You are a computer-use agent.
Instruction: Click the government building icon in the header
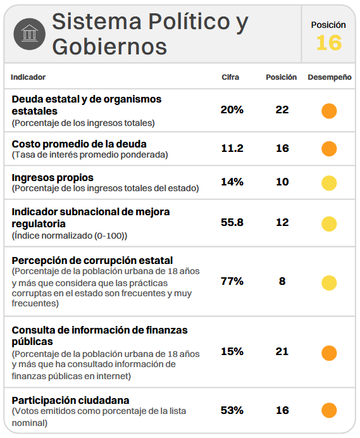[x=29, y=34]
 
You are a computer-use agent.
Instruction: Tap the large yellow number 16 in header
[x=329, y=43]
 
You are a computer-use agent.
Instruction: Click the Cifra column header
[x=230, y=77]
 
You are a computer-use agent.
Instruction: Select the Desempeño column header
[x=330, y=77]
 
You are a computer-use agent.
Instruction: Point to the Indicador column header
[x=28, y=77]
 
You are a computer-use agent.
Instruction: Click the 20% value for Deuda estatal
[x=232, y=109]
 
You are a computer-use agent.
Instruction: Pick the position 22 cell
[x=282, y=109]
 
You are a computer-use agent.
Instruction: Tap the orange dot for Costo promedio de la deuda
[x=329, y=149]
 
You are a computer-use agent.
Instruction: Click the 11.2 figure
[x=232, y=148]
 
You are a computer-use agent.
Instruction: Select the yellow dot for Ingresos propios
[x=329, y=183]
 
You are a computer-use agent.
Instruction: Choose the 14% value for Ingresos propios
[x=232, y=182]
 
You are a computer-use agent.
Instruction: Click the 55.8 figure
[x=232, y=222]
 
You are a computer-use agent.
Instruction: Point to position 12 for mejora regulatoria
[x=282, y=222]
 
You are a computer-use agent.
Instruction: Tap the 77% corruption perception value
[x=232, y=281]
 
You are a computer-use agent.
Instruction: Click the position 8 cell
[x=282, y=281]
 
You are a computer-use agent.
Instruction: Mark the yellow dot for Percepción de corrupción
[x=329, y=283]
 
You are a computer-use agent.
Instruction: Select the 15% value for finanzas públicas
[x=232, y=351]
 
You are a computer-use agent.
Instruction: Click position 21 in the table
[x=282, y=351]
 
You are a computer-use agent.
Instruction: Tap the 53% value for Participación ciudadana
[x=232, y=410]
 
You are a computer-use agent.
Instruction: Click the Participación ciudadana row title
[x=70, y=400]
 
